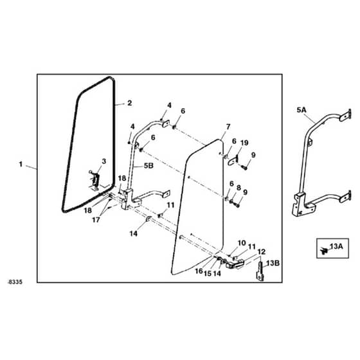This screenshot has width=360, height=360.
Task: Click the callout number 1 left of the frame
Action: point(21,164)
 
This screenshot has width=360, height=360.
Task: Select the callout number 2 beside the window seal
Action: point(130,103)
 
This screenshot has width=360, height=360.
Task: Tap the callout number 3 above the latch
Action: point(104,161)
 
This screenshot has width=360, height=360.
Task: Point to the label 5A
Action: point(301,110)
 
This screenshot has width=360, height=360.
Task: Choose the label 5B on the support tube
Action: point(148,166)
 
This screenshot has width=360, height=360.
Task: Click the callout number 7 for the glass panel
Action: point(228,127)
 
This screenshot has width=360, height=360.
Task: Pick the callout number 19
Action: point(244,143)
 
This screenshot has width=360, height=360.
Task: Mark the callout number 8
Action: point(239,188)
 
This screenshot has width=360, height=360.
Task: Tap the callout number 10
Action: point(242,243)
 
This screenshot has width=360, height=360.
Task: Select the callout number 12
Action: point(262,252)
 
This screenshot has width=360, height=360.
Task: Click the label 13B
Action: point(273,263)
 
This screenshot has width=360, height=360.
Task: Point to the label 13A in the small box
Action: point(336,247)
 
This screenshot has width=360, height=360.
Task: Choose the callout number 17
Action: point(96,220)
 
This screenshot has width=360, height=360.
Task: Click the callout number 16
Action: point(199,271)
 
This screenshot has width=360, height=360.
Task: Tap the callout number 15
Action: point(208,273)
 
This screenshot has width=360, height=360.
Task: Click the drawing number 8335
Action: point(15,282)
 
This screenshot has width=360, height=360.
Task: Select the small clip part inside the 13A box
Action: point(324,251)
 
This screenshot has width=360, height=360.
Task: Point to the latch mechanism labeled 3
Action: point(95,181)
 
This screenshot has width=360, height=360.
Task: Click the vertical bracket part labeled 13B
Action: point(260,271)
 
